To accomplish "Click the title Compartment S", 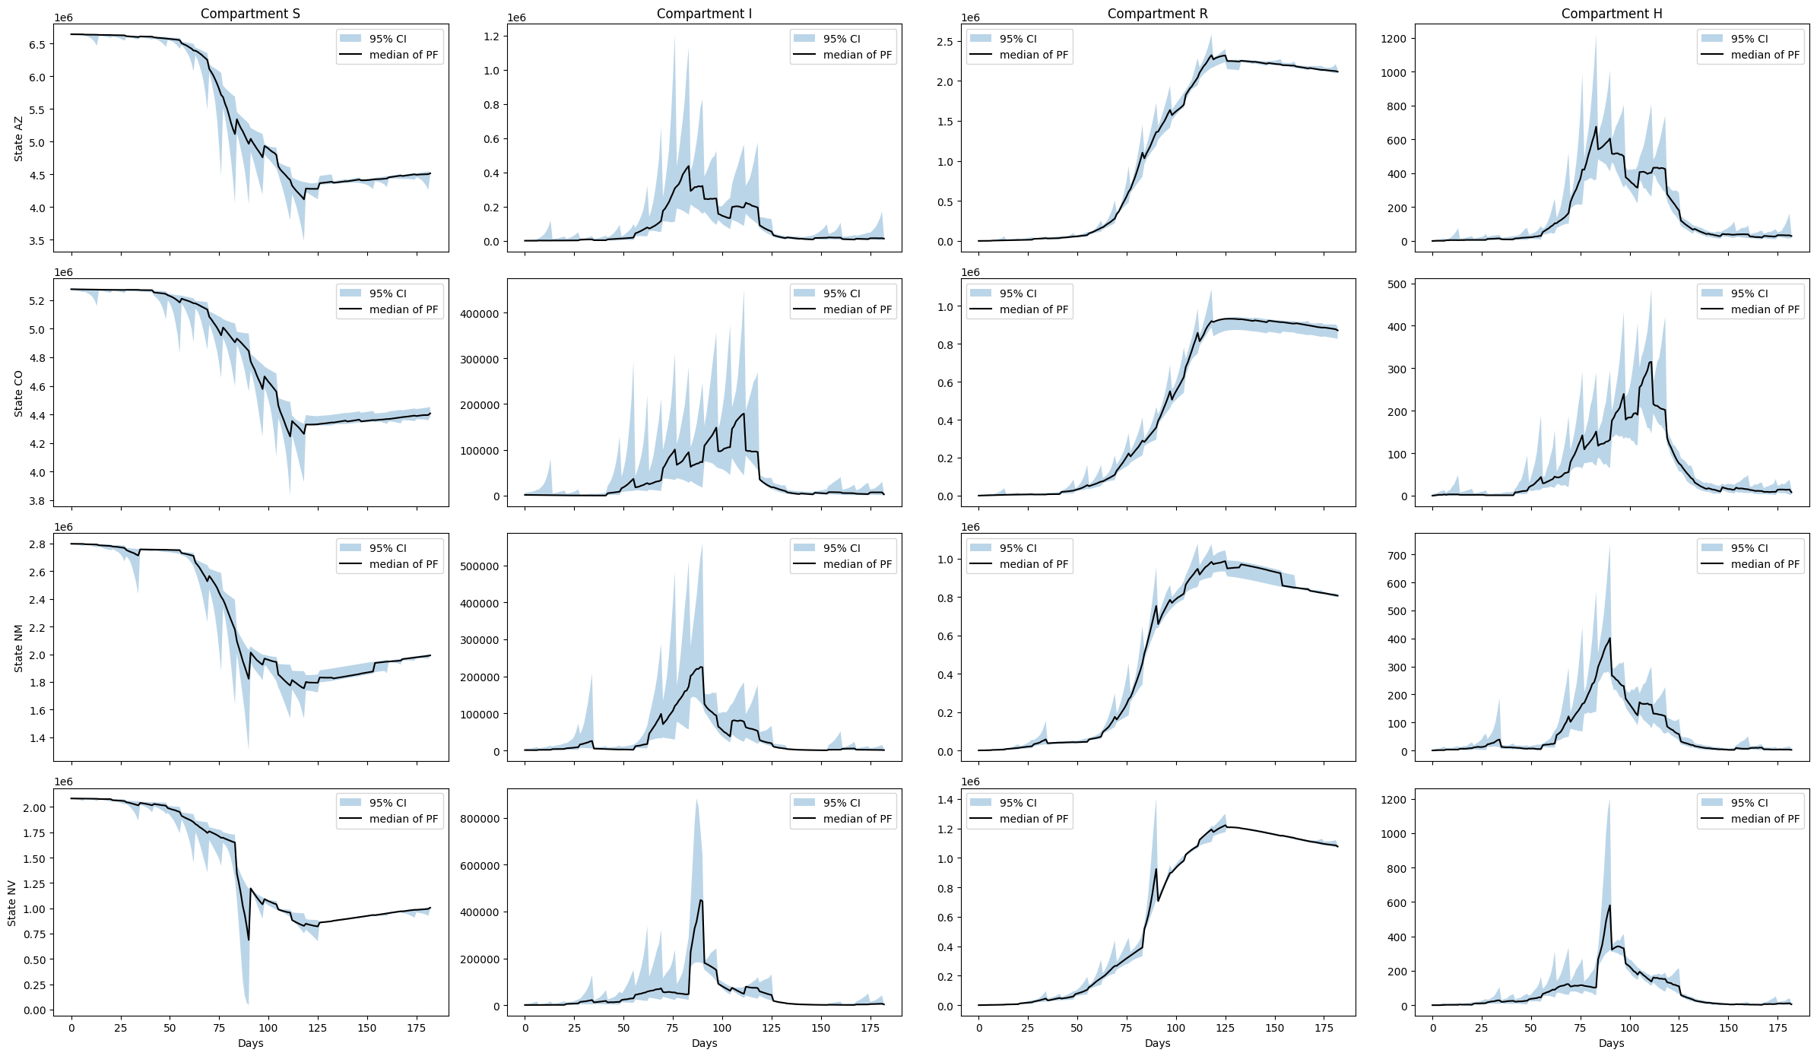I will click(x=250, y=14).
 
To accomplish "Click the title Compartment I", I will click(x=704, y=14).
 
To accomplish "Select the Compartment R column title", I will click(x=1157, y=14).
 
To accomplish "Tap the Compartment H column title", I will click(x=1611, y=14).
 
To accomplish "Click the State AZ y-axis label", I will click(x=19, y=138).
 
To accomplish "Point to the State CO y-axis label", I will click(x=19, y=393).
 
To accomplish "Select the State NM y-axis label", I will click(x=19, y=648).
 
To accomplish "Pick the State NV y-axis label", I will click(x=12, y=902).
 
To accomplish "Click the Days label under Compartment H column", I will click(x=1611, y=1043).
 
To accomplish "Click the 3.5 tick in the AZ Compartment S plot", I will click(x=36, y=241).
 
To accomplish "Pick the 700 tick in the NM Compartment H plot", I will click(x=1399, y=556).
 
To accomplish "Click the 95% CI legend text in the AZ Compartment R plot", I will click(x=1017, y=39).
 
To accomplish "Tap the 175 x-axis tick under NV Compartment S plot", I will click(x=417, y=1028).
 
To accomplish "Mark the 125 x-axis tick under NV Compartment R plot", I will click(x=1225, y=1028).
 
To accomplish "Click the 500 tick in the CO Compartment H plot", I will click(x=1399, y=284).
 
